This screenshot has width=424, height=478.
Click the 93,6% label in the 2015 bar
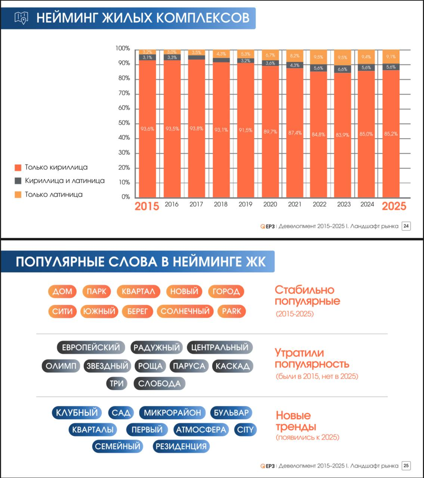(x=147, y=129)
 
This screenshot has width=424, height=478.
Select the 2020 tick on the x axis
(x=270, y=204)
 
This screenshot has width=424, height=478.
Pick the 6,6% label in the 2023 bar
(x=343, y=69)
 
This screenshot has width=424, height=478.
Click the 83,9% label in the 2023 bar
(x=343, y=135)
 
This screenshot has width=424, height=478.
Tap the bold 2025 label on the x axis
(x=394, y=206)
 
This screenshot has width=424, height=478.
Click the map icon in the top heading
(x=21, y=18)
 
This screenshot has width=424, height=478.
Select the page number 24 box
(x=406, y=226)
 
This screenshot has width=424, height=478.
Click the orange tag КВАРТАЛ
(x=138, y=291)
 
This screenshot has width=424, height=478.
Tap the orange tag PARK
(x=232, y=311)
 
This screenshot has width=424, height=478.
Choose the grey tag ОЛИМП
(x=61, y=366)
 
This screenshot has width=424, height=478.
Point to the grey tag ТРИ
(x=117, y=384)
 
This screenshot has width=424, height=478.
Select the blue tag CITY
(x=245, y=430)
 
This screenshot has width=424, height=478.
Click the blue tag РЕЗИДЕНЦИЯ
(x=181, y=446)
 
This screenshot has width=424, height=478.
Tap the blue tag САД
(x=121, y=413)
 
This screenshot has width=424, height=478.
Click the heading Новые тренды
(x=295, y=421)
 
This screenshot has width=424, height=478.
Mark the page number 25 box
(x=406, y=466)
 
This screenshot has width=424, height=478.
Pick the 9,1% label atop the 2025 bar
(x=391, y=57)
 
